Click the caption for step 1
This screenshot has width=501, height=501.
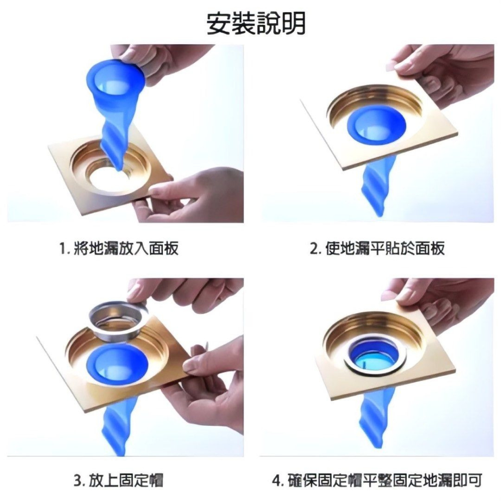click(119, 248)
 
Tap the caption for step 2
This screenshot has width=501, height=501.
click(377, 248)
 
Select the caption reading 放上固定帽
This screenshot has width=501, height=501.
click(119, 481)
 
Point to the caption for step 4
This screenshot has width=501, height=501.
click(377, 481)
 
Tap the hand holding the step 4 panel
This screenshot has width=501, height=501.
click(441, 306)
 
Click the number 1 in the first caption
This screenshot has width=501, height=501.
click(62, 248)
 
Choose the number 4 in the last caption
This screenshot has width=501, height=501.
click(277, 482)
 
